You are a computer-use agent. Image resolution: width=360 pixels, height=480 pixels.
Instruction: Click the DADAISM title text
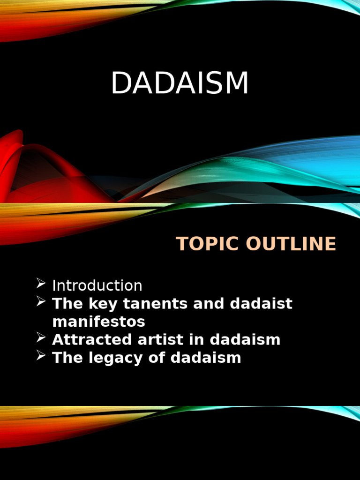(180, 83)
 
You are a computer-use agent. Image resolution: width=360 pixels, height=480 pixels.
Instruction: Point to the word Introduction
(97, 285)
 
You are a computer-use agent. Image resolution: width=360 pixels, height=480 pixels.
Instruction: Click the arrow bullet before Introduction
(41, 284)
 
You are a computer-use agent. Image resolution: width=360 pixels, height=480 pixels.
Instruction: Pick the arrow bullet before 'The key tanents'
(41, 302)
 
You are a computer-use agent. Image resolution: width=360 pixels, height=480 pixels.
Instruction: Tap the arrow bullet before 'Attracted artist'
(41, 337)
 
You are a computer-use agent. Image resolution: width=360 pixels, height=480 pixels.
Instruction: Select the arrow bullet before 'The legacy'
(41, 356)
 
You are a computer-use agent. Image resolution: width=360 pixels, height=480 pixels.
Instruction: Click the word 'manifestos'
(98, 322)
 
